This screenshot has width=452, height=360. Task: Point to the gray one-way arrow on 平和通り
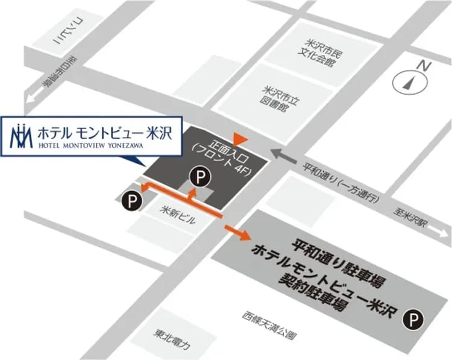click(283, 156)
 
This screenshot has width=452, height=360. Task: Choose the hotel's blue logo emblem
click(22, 136)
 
